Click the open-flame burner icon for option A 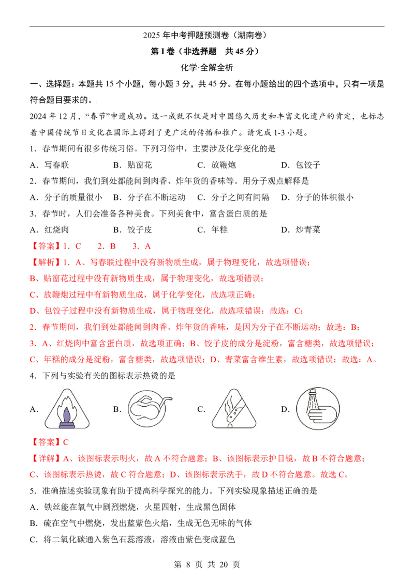point(67,409)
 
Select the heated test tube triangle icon point(234,409)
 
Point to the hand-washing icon point(318,409)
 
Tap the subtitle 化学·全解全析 point(207,68)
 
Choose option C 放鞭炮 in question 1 point(217,165)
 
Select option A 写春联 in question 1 point(49,165)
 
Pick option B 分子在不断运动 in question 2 point(150,197)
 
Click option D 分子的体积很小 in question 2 point(317,197)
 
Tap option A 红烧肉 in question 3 point(49,230)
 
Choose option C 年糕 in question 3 point(213,230)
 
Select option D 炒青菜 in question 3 point(301,230)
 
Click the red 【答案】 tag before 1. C point(45,246)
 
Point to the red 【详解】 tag point(45,458)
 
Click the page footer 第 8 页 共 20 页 point(207,564)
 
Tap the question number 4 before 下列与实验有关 point(33,376)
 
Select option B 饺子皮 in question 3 point(132,230)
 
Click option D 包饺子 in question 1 point(301,165)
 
